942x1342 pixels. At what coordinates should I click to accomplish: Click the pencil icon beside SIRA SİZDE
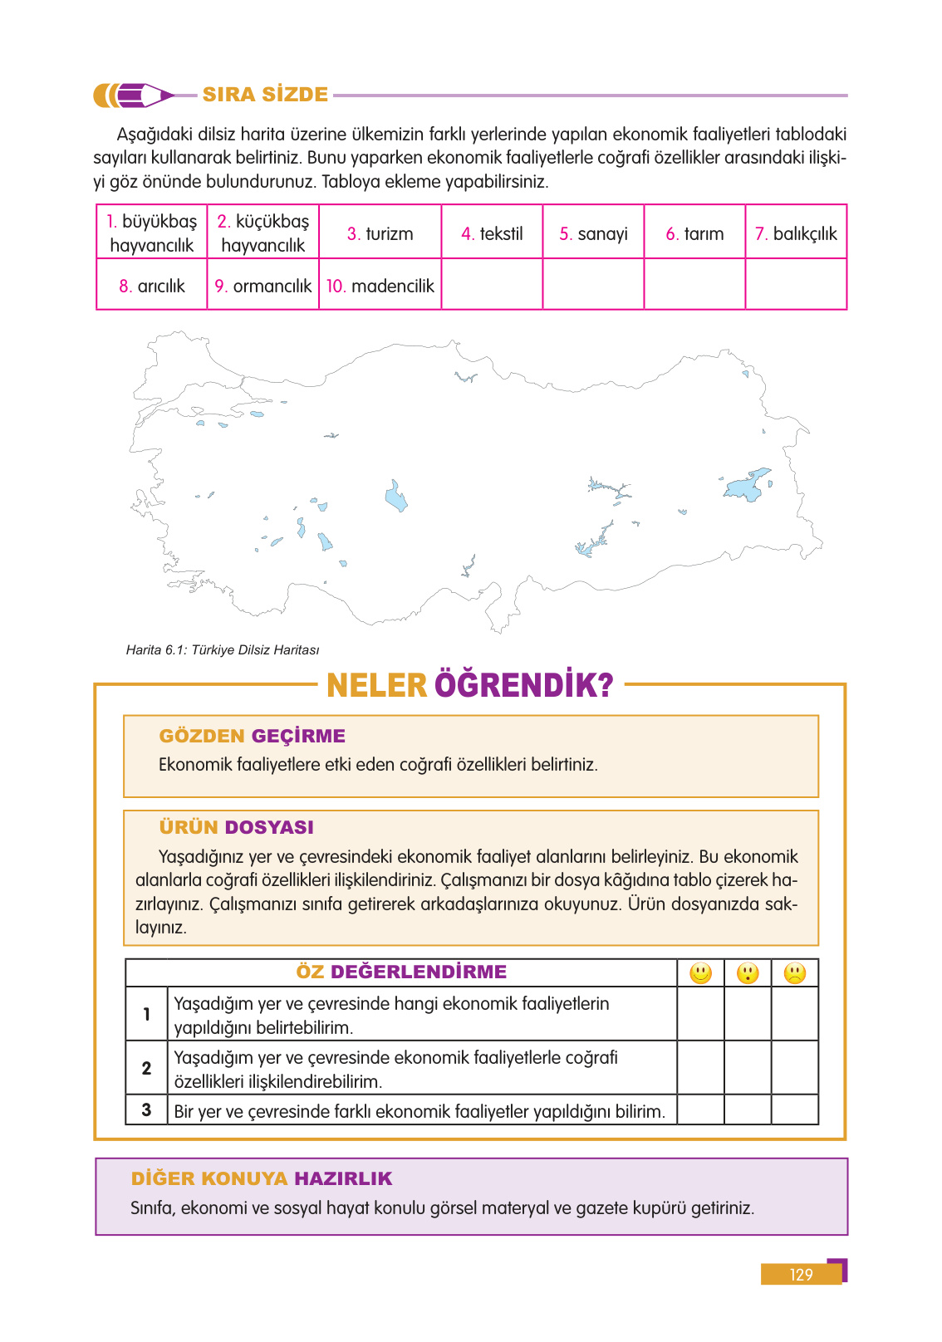133,96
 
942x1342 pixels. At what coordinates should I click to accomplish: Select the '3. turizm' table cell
380,233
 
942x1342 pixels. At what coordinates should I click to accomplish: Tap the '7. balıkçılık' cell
796,233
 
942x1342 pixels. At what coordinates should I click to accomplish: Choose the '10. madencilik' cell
380,286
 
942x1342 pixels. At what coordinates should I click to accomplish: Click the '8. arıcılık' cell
151,286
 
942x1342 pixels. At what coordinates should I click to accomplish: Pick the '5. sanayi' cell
593,233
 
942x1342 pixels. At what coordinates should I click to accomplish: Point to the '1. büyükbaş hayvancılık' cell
151,233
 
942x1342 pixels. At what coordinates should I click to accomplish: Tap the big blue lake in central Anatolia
396,497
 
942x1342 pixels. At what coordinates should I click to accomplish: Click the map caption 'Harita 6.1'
222,649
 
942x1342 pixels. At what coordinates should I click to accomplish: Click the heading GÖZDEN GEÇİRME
252,736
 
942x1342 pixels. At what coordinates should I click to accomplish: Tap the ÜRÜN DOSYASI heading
236,827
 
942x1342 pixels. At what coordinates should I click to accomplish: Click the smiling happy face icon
701,972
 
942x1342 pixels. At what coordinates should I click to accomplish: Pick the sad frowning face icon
795,972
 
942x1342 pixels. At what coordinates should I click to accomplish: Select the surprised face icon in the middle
748,972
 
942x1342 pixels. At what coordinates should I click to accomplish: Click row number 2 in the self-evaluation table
146,1068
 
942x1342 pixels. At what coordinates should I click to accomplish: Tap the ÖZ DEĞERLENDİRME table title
401,972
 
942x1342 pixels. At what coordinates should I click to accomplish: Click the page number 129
801,1274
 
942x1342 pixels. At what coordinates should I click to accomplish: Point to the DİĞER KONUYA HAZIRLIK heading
262,1178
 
